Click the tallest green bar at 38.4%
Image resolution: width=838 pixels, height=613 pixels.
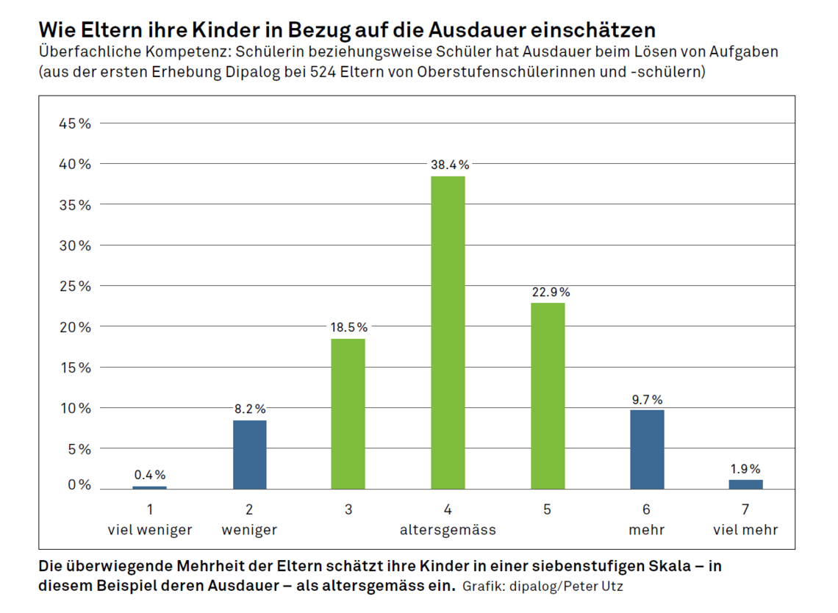click(448, 332)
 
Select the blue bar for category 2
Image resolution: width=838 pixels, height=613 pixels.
click(249, 454)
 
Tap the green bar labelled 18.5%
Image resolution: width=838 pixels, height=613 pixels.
click(348, 413)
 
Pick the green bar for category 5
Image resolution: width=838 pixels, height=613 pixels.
click(548, 395)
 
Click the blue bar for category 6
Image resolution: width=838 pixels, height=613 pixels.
click(647, 449)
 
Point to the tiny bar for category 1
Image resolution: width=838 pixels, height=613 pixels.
click(150, 487)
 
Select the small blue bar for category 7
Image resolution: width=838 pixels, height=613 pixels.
click(745, 484)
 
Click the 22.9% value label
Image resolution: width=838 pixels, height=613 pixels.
click(551, 292)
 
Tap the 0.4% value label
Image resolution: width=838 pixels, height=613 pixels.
click(150, 475)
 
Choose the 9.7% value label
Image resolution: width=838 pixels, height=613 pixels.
click(647, 399)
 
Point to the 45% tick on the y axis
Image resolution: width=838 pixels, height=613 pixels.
click(75, 123)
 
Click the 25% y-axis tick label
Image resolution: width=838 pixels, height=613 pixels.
click(75, 286)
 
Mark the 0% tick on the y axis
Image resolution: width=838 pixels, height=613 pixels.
click(79, 486)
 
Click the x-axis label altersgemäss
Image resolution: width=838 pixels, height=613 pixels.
click(448, 529)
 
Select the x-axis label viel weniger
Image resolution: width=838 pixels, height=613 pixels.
click(150, 529)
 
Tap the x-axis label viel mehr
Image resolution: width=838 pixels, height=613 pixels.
click(745, 529)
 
